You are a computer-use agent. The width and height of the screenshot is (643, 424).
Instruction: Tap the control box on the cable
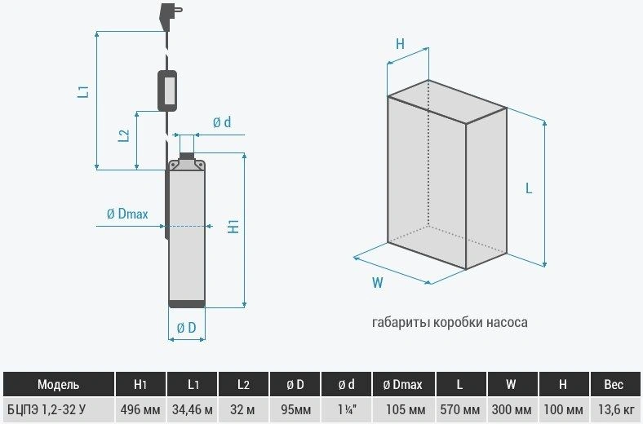tap(167, 91)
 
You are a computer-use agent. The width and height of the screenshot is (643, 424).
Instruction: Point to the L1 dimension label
tap(84, 91)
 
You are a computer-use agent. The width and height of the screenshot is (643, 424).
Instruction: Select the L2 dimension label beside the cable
tap(124, 135)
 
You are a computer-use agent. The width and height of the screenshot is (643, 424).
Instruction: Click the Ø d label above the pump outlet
tap(222, 122)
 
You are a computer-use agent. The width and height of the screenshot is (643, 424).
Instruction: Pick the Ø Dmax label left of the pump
tap(127, 214)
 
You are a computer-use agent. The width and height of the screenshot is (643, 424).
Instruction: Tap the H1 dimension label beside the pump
tap(233, 227)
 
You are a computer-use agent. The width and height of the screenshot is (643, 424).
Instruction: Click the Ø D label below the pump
tap(187, 327)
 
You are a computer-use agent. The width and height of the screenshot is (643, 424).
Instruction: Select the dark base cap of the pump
tap(187, 303)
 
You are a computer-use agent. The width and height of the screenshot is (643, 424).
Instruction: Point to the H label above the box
tap(400, 43)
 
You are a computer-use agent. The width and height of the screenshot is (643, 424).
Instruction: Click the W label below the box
tap(377, 282)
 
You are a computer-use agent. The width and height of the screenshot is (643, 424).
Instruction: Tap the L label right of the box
tap(529, 188)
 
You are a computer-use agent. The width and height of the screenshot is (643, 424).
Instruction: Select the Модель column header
tap(58, 384)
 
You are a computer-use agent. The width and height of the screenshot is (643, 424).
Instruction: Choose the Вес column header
tap(614, 384)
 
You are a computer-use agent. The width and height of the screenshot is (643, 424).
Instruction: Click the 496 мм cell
tap(140, 409)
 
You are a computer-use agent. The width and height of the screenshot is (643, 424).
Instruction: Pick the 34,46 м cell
tap(193, 409)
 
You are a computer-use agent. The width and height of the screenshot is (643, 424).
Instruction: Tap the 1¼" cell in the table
tap(347, 409)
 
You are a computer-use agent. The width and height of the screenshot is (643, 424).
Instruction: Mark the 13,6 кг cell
tap(614, 409)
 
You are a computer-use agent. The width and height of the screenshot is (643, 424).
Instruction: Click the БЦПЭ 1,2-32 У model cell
tap(47, 409)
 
